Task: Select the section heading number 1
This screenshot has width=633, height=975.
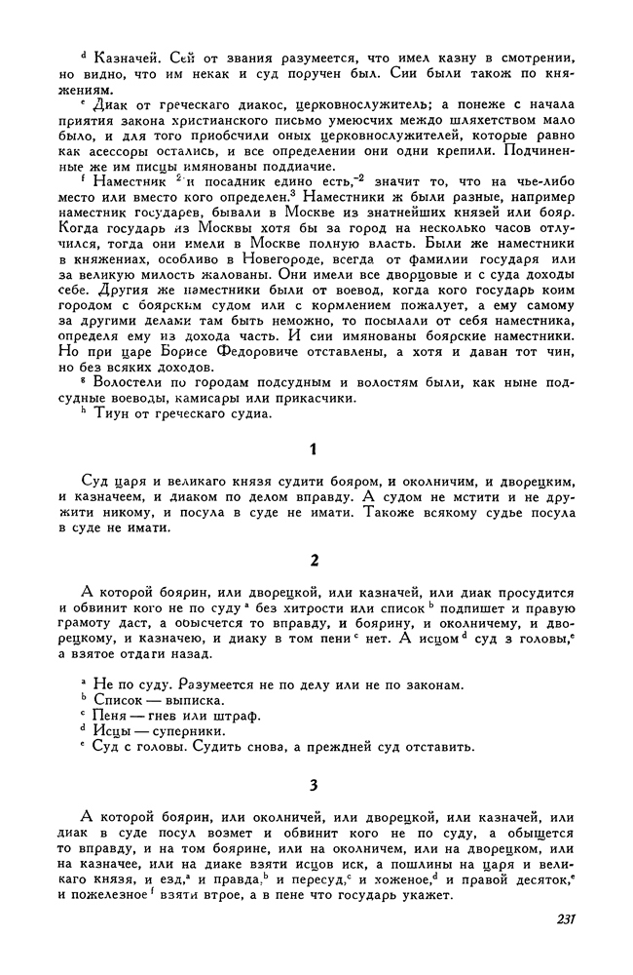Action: coord(313,449)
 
